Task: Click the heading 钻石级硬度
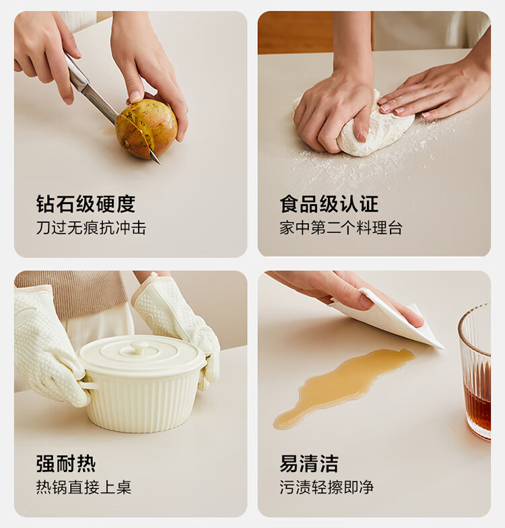pyautogui.click(x=86, y=203)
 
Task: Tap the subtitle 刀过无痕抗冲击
pyautogui.click(x=91, y=228)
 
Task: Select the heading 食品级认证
pyautogui.click(x=329, y=203)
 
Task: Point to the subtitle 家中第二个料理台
pyautogui.click(x=341, y=228)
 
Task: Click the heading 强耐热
pyautogui.click(x=66, y=463)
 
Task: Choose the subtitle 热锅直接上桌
pyautogui.click(x=83, y=487)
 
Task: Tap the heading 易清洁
pyautogui.click(x=308, y=463)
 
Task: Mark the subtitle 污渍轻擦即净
pyautogui.click(x=327, y=487)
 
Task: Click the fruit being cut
pyautogui.click(x=147, y=129)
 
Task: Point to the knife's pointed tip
pyautogui.click(x=159, y=164)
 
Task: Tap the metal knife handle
pyautogui.click(x=77, y=73)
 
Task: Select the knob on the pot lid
pyautogui.click(x=140, y=347)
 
